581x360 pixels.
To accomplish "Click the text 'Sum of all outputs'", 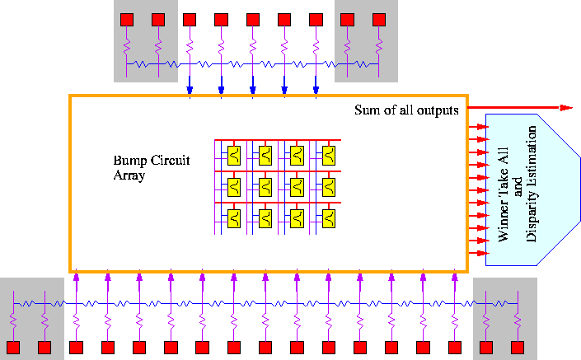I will pos(406,110).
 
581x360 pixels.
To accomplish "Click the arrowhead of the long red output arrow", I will pos(567,107).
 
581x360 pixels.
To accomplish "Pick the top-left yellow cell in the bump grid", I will pos(234,154).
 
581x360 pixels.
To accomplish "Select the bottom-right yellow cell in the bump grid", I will pos(329,217).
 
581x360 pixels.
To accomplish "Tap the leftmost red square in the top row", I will pos(127,19).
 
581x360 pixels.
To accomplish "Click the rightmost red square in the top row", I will pos(378,19).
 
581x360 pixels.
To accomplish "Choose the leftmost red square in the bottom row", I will pos(13,348).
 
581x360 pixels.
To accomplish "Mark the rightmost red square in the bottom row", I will pos(518,348).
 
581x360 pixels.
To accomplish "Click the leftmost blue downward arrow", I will pos(190,89).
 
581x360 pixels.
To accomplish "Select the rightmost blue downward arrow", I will pos(316,89).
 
